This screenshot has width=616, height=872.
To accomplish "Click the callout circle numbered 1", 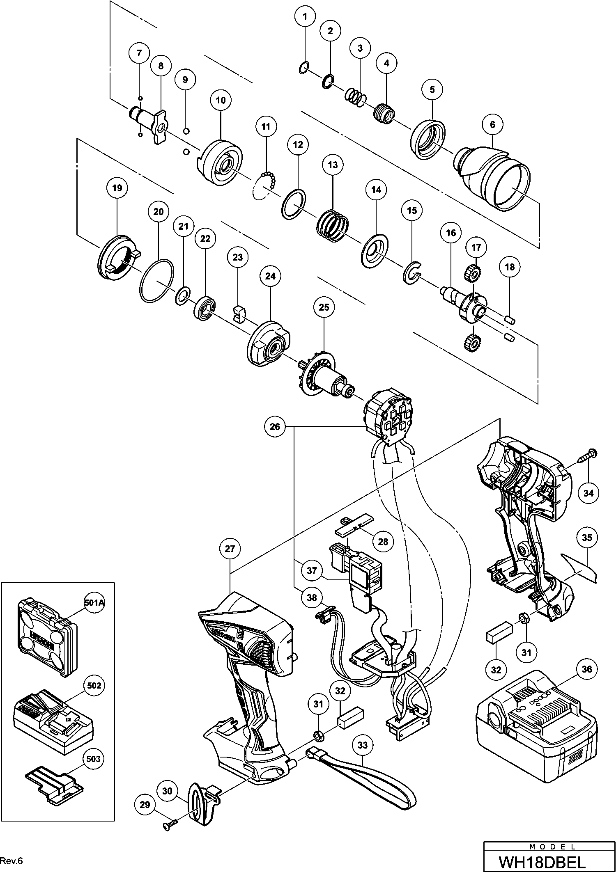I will coord(305,17).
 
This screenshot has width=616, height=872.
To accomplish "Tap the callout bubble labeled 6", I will coord(493,124).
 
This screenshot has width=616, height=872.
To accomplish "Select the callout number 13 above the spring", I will coord(333,165).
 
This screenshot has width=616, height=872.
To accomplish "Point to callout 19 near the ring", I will coord(117,188).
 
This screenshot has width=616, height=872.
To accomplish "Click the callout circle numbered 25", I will coord(324,307).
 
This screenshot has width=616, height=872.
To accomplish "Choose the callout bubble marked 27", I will coord(230,549).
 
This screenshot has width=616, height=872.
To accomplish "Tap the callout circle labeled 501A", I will coord(93,603).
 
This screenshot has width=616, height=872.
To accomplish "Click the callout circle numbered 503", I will coord(94,759).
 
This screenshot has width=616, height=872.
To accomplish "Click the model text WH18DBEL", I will coord(549,860).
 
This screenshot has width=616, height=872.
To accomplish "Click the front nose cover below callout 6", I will coord(493,176).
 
